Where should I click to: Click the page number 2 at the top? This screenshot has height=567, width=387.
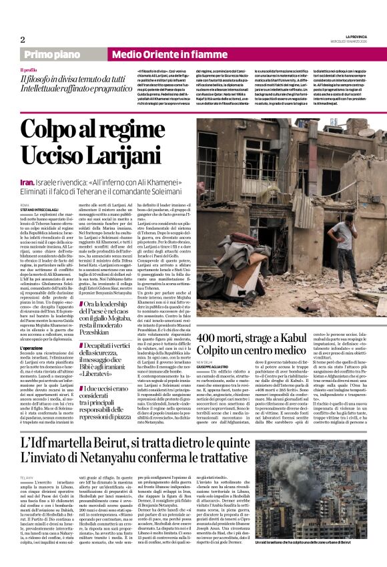(23, 39)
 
